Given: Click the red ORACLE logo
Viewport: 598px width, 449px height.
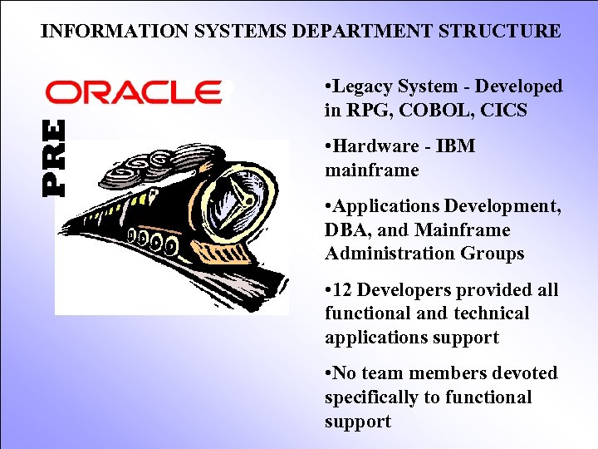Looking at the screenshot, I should pyautogui.click(x=134, y=91).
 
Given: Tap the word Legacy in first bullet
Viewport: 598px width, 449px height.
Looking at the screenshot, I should pyautogui.click(x=363, y=86).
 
